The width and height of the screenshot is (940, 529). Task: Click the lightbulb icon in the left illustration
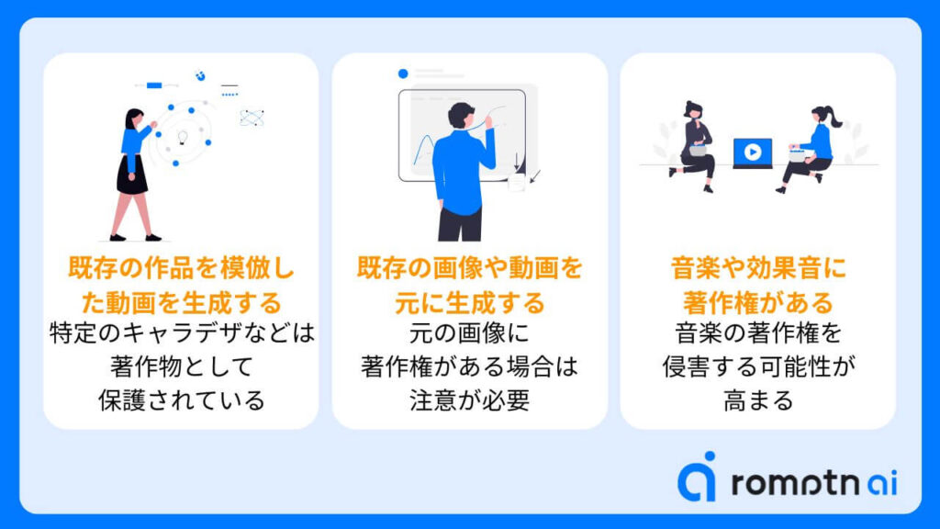tap(183, 138)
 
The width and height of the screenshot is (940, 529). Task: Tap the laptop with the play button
tap(753, 153)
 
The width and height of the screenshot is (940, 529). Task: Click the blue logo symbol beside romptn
tap(698, 477)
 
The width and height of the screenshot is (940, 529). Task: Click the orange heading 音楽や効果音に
tap(758, 267)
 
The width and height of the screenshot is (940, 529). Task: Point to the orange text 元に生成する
tap(469, 302)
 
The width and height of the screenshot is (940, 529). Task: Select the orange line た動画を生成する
tap(181, 302)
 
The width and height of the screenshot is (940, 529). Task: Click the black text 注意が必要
tap(469, 400)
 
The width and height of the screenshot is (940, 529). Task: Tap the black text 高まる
tap(758, 400)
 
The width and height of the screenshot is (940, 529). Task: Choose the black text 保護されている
tap(181, 400)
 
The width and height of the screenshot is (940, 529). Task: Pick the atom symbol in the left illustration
tap(252, 118)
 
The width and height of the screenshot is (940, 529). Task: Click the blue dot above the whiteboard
tap(403, 73)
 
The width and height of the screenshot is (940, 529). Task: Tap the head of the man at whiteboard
tap(461, 115)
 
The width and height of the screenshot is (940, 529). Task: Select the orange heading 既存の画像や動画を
tap(469, 267)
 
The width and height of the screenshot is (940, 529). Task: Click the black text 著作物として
tap(181, 366)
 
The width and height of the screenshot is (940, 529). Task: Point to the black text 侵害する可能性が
tap(758, 366)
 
